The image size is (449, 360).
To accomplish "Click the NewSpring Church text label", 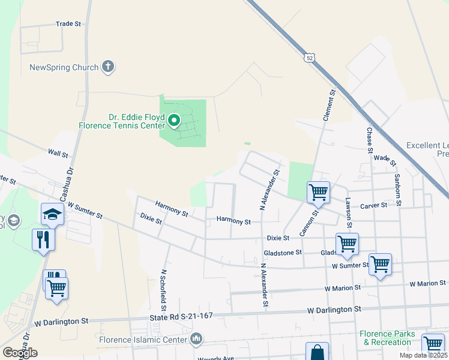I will click(x=64, y=67).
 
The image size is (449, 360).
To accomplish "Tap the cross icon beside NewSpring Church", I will click(x=108, y=67).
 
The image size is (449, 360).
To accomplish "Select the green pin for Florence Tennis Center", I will click(x=174, y=122).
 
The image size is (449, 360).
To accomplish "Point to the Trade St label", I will click(x=68, y=24).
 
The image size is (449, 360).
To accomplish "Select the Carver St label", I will click(x=373, y=206).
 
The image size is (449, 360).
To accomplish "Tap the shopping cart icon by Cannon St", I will click(x=318, y=193).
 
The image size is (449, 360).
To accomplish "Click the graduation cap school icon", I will click(x=52, y=214).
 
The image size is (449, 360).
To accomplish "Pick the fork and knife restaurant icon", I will click(x=43, y=240).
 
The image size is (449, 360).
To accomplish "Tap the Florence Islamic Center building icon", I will click(x=196, y=340).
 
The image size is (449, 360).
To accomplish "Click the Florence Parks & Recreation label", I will click(x=385, y=338).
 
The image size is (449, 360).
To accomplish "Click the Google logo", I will click(x=20, y=353).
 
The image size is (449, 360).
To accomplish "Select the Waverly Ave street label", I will click(x=216, y=359).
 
